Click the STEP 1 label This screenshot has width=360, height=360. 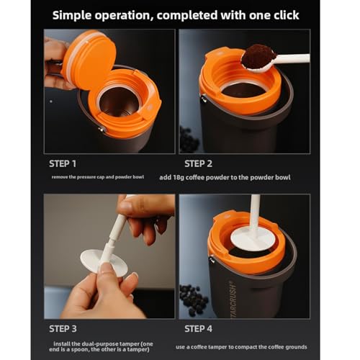(x=63, y=163)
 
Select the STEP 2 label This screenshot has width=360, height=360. (x=198, y=163)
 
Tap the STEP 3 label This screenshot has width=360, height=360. (x=63, y=328)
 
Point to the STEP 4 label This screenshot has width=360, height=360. (x=198, y=328)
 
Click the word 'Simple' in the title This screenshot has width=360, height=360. (x=72, y=16)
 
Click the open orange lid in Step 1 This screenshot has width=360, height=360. (x=89, y=59)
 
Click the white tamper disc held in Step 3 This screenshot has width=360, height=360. (x=104, y=263)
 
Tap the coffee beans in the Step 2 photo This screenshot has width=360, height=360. (x=189, y=139)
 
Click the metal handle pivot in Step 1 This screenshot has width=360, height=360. (x=102, y=130)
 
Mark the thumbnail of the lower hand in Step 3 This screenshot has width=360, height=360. (x=105, y=268)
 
